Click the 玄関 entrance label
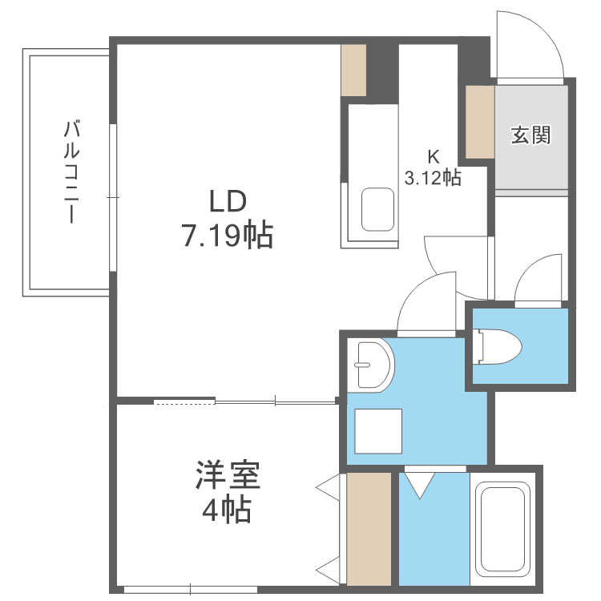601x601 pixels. pos(530,135)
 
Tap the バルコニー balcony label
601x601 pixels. pos(71,171)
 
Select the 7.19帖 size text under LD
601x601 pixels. pos(228,234)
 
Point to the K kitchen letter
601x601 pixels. pos(434,156)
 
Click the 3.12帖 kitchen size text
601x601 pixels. pos(433,178)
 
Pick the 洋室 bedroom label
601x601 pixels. pos(228,475)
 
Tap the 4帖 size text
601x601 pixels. pos(227,510)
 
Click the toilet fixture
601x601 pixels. pos(497,347)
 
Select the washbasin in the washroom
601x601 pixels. pos(373,365)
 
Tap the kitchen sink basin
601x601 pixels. pos(378,209)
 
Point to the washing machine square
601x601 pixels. pos(378,431)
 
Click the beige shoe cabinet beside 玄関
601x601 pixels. pos(480,122)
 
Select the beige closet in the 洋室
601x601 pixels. pos(369,529)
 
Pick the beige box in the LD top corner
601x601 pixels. pos(353,71)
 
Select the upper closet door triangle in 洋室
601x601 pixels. pos(328,487)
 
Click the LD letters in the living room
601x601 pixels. pos(228,202)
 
